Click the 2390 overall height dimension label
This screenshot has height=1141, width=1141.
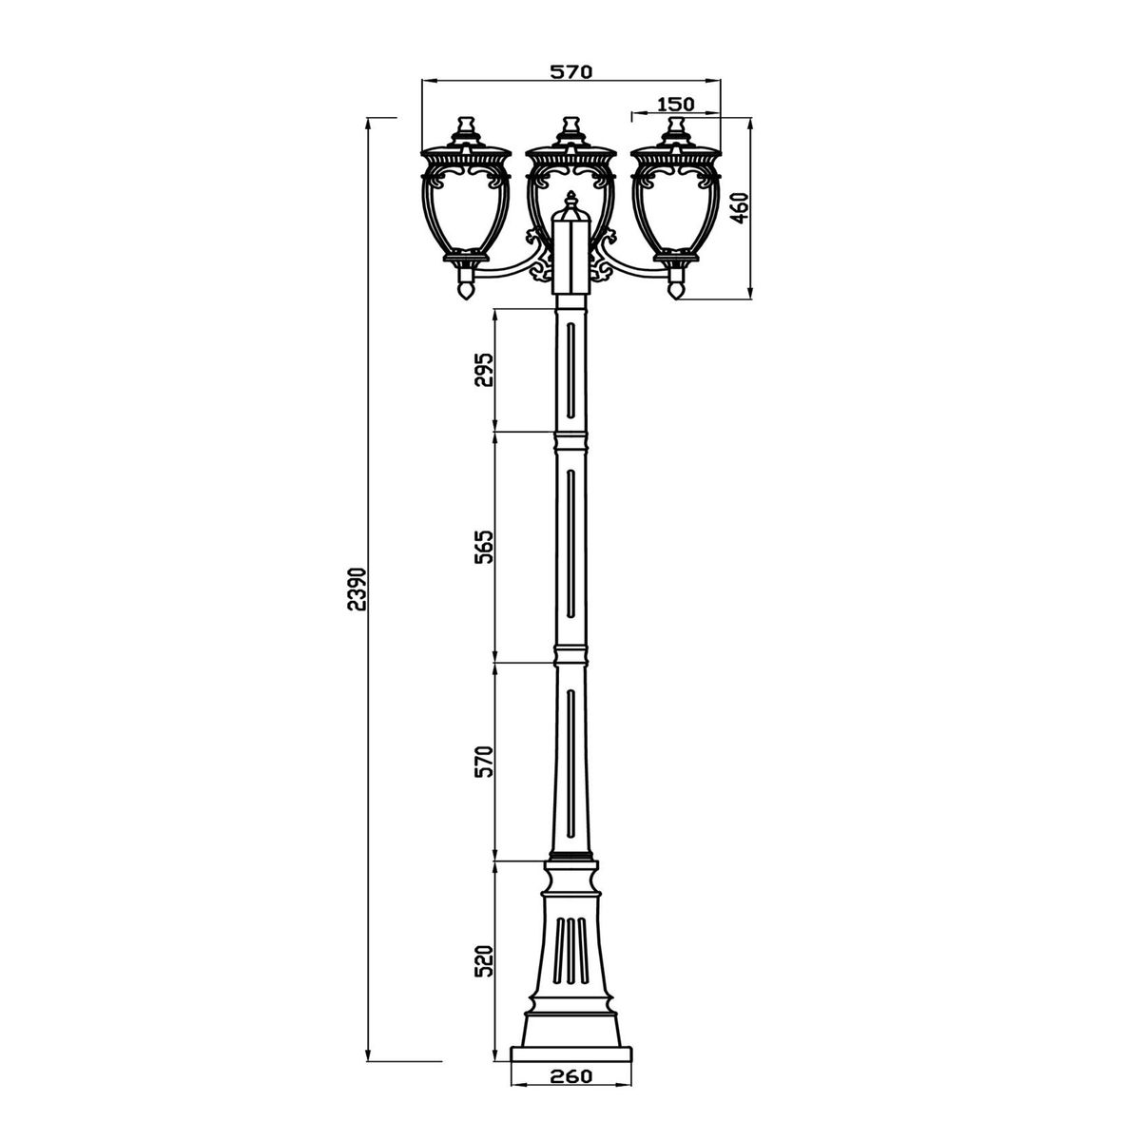(x=355, y=590)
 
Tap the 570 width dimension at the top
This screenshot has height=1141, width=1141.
(x=571, y=71)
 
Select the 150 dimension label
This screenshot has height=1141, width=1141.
(x=675, y=103)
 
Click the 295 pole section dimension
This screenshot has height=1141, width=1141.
(x=483, y=371)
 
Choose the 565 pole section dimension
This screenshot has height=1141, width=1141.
(x=483, y=549)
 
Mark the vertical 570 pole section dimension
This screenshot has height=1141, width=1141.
(x=483, y=763)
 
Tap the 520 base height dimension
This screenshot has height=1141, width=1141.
(x=483, y=961)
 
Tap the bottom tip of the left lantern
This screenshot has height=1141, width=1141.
(x=465, y=293)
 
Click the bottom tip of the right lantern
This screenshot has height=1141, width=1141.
(x=676, y=293)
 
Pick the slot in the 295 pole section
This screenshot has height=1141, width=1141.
(x=570, y=369)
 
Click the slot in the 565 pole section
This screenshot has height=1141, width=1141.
(x=570, y=542)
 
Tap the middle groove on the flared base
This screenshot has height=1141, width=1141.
(x=570, y=951)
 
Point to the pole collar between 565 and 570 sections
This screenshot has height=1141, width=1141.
(x=570, y=655)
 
